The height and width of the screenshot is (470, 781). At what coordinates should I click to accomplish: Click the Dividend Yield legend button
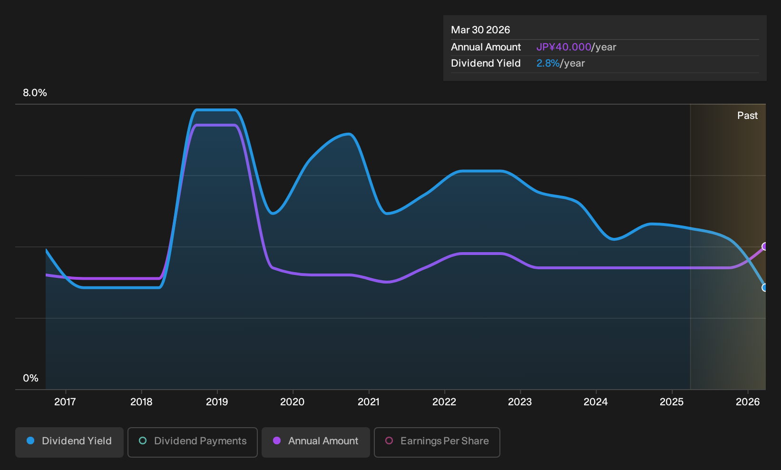(x=69, y=442)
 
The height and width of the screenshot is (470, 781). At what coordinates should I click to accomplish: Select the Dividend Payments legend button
(x=193, y=442)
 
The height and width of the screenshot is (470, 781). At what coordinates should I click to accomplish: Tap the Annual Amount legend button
(x=315, y=442)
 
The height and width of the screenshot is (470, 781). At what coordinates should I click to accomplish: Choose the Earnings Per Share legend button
(x=437, y=442)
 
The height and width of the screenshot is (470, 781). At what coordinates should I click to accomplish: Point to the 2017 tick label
(x=65, y=402)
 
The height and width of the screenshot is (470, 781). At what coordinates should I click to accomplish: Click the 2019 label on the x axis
(x=217, y=402)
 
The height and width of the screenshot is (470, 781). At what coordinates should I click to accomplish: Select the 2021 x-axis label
(x=369, y=402)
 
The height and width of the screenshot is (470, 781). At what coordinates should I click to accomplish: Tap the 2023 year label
(x=520, y=402)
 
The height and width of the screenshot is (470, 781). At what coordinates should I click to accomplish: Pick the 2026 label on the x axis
(x=748, y=402)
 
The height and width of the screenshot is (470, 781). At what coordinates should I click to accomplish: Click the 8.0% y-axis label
(x=35, y=93)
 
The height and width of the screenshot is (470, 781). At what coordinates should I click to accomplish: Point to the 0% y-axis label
(x=31, y=378)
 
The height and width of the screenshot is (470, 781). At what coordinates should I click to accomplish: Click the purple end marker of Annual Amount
(x=765, y=246)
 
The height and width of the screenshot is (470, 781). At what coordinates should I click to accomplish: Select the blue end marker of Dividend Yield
(x=765, y=288)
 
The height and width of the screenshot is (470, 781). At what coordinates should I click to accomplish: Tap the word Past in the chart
(x=748, y=116)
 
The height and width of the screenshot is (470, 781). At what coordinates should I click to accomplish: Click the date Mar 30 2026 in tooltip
(x=480, y=30)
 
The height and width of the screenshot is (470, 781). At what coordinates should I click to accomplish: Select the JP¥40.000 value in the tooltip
(x=564, y=47)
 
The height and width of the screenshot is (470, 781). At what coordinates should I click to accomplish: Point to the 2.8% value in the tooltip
(x=548, y=63)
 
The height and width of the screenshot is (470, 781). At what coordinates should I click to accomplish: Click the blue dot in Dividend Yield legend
(x=31, y=441)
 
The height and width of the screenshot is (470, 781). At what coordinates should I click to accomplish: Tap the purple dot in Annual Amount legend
(x=277, y=441)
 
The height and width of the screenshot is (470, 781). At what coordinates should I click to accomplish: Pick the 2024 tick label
(x=596, y=402)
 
